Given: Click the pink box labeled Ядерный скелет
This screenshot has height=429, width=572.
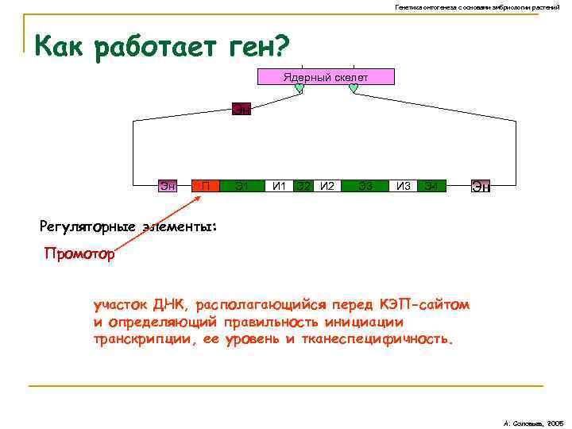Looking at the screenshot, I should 324,76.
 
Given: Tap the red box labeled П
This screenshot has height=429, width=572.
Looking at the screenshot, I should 206,187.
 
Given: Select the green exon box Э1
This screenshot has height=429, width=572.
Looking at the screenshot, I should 242,187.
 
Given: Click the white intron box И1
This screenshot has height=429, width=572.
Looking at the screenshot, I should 279,187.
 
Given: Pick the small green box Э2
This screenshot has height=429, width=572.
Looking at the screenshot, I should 303,187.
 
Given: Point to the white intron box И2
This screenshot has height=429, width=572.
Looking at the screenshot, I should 327,187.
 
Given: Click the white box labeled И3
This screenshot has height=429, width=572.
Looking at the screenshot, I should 403,187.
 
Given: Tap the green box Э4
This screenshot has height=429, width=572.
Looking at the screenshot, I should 431,187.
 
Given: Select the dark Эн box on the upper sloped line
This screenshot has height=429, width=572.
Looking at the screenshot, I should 241,109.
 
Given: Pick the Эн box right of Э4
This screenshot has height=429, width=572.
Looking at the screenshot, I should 481,187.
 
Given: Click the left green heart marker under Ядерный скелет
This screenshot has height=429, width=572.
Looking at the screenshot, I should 299,89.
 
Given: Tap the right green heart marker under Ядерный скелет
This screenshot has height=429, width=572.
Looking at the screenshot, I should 354,89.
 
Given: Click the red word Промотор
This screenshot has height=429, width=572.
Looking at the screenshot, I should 79,255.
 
